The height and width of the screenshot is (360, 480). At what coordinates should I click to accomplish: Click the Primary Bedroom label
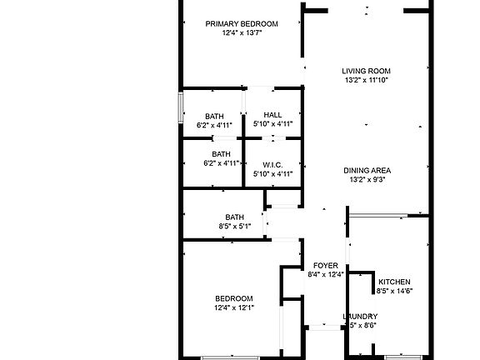pyautogui.click(x=242, y=24)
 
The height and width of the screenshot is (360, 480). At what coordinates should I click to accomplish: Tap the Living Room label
pyautogui.click(x=367, y=71)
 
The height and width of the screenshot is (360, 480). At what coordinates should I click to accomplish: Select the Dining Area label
pyautogui.click(x=367, y=170)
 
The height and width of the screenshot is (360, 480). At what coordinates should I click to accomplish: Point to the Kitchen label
pyautogui.click(x=394, y=282)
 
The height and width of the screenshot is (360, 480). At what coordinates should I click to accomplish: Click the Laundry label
pyautogui.click(x=361, y=317)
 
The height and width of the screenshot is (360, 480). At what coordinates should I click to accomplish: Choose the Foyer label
pyautogui.click(x=326, y=265)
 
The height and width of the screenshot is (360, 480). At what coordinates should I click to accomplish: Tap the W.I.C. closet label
pyautogui.click(x=272, y=164)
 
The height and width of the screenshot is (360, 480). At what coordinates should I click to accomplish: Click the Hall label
pyautogui.click(x=272, y=115)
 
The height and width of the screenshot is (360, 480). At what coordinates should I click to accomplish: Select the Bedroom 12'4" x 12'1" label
pyautogui.click(x=234, y=298)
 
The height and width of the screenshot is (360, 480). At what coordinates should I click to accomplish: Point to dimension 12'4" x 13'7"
pyautogui.click(x=242, y=34)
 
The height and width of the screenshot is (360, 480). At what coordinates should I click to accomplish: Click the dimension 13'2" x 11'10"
pyautogui.click(x=367, y=81)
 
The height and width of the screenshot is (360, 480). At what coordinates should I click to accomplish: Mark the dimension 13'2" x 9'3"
pyautogui.click(x=367, y=180)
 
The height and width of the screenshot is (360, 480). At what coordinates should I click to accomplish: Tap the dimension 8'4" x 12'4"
pyautogui.click(x=326, y=274)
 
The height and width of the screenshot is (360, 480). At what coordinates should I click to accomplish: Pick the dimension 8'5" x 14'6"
pyautogui.click(x=394, y=291)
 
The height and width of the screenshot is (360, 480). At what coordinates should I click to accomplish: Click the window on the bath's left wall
pyautogui.click(x=180, y=109)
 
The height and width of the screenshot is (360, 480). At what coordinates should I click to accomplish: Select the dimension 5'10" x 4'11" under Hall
pyautogui.click(x=272, y=124)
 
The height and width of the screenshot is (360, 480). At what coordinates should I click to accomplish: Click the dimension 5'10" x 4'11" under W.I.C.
pyautogui.click(x=272, y=174)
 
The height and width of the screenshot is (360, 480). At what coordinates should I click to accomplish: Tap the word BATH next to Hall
pyautogui.click(x=214, y=116)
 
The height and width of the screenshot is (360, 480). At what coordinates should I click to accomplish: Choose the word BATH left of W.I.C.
pyautogui.click(x=221, y=154)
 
